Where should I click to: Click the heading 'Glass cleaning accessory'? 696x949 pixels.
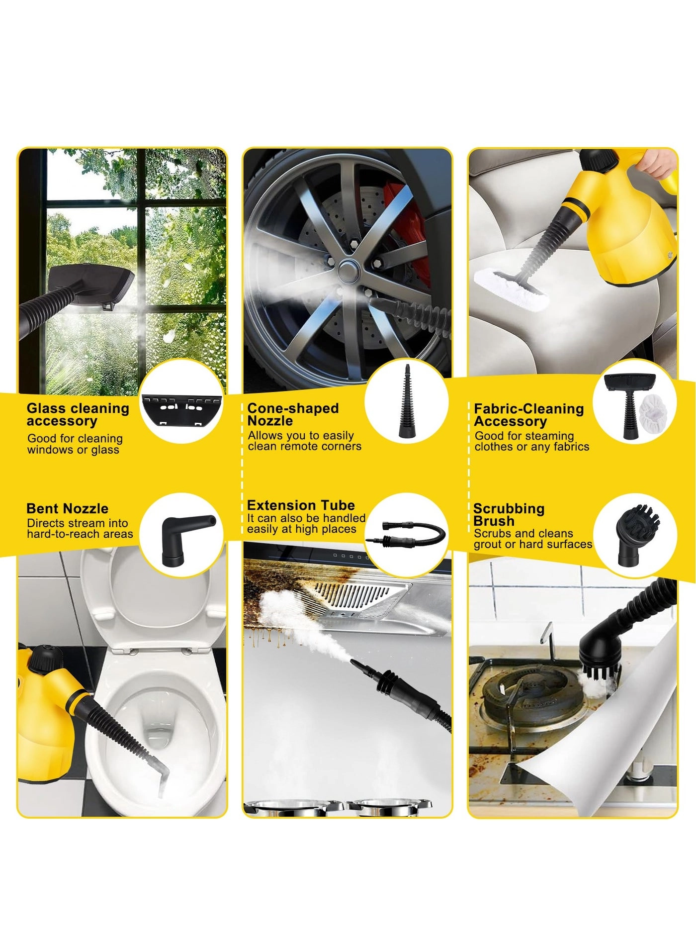click(x=78, y=415)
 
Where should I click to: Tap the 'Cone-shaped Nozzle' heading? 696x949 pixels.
click(x=293, y=415)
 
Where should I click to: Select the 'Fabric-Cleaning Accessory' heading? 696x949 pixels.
click(x=529, y=415)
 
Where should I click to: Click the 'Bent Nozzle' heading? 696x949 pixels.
click(x=67, y=508)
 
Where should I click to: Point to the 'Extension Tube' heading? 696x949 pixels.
click(x=301, y=505)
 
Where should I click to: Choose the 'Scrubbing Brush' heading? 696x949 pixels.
click(x=509, y=515)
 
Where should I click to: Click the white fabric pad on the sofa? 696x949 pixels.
click(x=512, y=287)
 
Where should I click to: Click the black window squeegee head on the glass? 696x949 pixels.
click(x=92, y=286)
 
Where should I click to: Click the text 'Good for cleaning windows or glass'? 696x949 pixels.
click(x=75, y=444)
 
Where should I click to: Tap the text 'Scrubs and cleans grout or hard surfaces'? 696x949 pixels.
click(x=533, y=539)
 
